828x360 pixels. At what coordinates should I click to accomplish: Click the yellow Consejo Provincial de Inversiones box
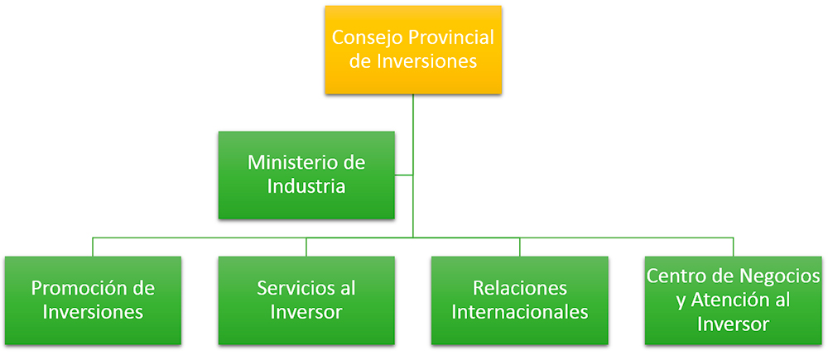[x=413, y=50]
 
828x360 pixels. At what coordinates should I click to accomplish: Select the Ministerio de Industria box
[x=306, y=175]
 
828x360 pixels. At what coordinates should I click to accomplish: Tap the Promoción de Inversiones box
[x=93, y=300]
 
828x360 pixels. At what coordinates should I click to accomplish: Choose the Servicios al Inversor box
[x=306, y=300]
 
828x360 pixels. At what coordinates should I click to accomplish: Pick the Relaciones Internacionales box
[x=520, y=300]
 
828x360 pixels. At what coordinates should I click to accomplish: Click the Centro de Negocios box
[x=733, y=300]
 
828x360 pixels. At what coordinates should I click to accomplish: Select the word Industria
[x=306, y=186]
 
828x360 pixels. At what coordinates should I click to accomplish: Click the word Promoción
[x=78, y=288]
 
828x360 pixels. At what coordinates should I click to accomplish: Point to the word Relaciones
[x=520, y=288]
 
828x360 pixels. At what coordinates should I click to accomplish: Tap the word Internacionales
[x=520, y=312]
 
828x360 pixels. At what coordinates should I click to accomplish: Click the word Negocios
[x=777, y=277]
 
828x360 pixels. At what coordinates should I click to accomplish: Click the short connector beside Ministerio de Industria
[x=404, y=175]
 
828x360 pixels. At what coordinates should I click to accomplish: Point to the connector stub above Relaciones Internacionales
[x=520, y=247]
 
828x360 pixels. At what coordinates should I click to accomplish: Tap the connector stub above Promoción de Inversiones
[x=93, y=247]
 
